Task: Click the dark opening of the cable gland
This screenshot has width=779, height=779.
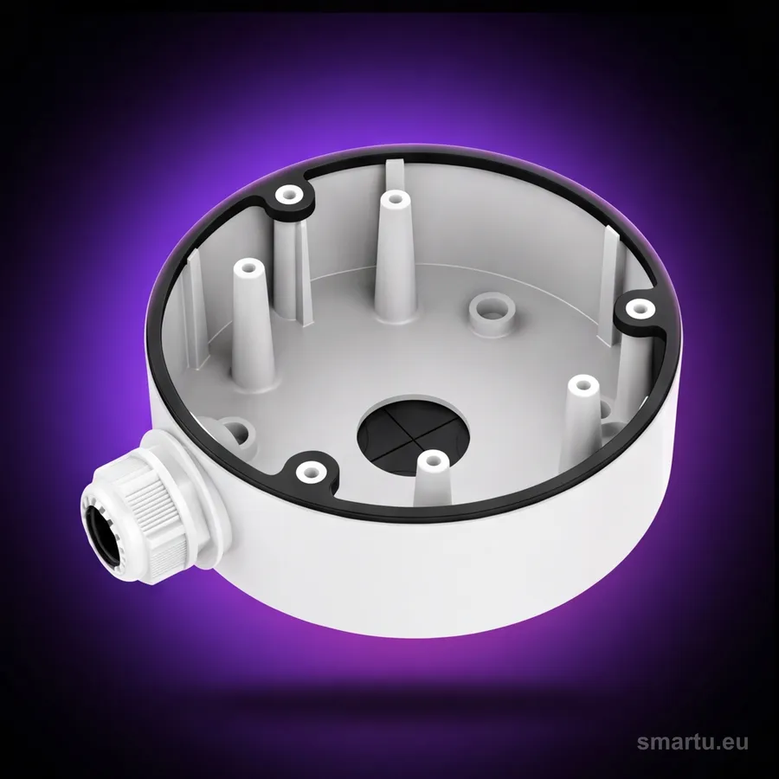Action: click(x=102, y=535)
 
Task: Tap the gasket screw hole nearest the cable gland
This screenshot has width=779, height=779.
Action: click(x=310, y=469)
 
